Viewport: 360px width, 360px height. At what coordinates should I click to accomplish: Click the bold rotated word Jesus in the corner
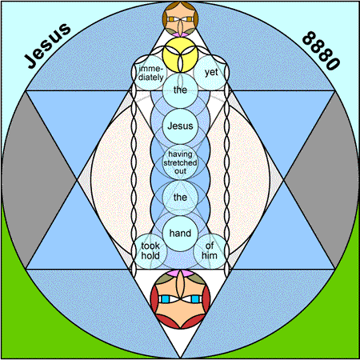pyautogui.click(x=47, y=46)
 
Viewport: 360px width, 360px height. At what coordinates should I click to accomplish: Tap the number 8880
pyautogui.click(x=322, y=50)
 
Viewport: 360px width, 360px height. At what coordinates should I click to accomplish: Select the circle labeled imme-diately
pyautogui.click(x=150, y=73)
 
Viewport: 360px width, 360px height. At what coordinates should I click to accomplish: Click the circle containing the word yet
pyautogui.click(x=210, y=73)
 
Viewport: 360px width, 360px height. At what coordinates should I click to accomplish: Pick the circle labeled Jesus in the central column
pyautogui.click(x=180, y=126)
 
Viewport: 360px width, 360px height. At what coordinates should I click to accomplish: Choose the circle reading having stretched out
pyautogui.click(x=180, y=162)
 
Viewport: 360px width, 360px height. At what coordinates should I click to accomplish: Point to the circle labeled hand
pyautogui.click(x=180, y=234)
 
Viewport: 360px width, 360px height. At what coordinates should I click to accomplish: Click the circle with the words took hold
pyautogui.click(x=150, y=251)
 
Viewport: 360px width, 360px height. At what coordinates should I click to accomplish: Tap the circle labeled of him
pyautogui.click(x=210, y=251)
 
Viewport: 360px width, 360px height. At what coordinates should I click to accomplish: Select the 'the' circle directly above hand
pyautogui.click(x=180, y=198)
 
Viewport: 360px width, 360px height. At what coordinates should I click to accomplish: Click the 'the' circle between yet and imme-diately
pyautogui.click(x=180, y=90)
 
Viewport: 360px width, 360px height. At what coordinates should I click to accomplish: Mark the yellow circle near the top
pyautogui.click(x=180, y=54)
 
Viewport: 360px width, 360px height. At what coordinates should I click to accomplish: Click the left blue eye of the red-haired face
pyautogui.click(x=166, y=299)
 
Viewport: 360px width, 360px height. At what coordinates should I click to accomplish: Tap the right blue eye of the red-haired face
pyautogui.click(x=195, y=299)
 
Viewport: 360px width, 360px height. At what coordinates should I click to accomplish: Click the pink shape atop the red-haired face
pyautogui.click(x=180, y=273)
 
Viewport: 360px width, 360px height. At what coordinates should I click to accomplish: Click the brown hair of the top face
pyautogui.click(x=180, y=5)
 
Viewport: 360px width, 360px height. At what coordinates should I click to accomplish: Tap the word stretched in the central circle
pyautogui.click(x=180, y=162)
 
